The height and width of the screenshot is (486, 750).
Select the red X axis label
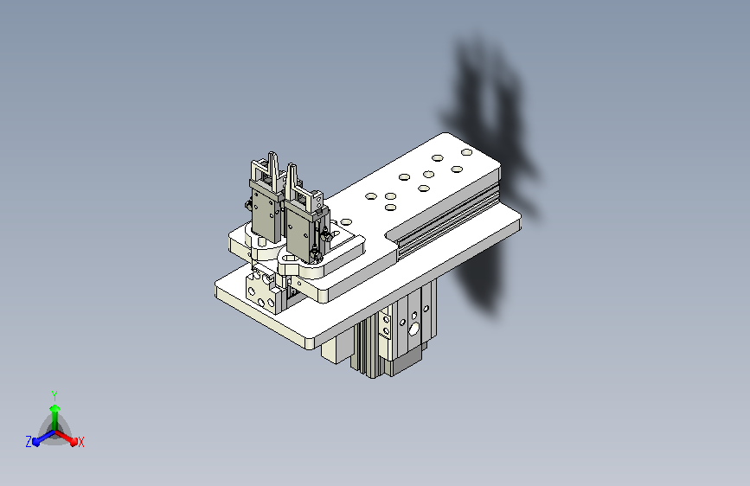coord(81,442)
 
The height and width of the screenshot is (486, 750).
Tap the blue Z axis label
coord(29,442)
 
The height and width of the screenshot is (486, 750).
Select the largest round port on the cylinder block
coord(414,329)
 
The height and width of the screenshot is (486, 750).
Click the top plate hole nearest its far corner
coord(466,153)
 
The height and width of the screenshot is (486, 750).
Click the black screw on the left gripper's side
coord(247,205)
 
